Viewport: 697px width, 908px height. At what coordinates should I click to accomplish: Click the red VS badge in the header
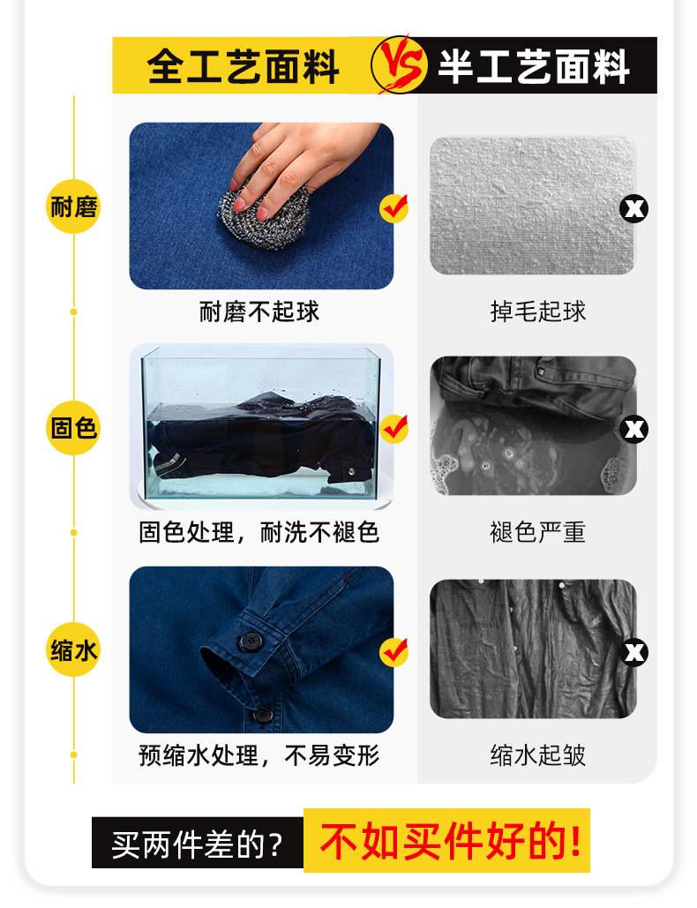coord(392,65)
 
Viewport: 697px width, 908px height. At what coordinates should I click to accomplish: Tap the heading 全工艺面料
coord(244,66)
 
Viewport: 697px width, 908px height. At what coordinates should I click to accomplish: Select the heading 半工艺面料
coord(534,66)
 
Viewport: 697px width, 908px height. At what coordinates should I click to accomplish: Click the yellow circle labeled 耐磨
coord(73,208)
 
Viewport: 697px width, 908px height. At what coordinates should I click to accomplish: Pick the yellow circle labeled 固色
coord(73,429)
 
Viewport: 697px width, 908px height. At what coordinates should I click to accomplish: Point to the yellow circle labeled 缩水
coord(73,651)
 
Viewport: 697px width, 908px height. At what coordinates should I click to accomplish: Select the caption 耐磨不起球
coord(259,311)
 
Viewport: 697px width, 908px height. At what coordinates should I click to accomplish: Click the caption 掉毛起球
coord(538,311)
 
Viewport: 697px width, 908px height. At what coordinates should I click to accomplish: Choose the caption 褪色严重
coord(538,533)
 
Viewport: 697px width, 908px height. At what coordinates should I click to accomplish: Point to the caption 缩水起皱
coord(538,755)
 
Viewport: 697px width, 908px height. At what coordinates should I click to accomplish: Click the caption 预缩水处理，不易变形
coord(259,755)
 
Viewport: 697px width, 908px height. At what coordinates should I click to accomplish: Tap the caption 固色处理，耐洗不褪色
coord(259,533)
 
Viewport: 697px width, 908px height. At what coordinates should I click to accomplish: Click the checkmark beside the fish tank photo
coord(393,429)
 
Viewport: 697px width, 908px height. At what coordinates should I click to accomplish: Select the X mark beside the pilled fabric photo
coord(634,209)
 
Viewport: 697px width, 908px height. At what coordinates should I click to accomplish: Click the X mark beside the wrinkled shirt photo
coord(634,653)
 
